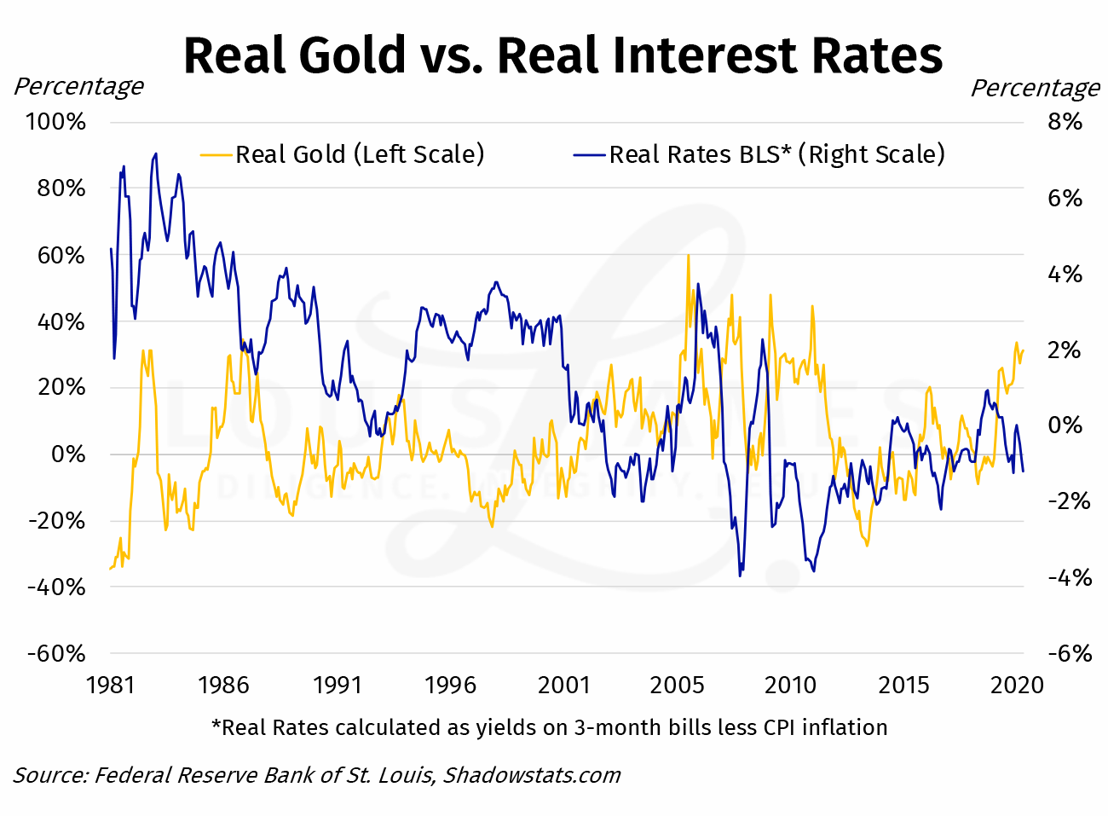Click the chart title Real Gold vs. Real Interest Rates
(x=563, y=55)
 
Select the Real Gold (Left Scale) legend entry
(x=359, y=154)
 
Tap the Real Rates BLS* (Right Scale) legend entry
(x=776, y=154)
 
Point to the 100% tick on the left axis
(x=56, y=122)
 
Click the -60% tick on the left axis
(x=56, y=654)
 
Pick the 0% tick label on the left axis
(x=68, y=454)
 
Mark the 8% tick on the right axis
(x=1065, y=122)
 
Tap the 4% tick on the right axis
(x=1065, y=275)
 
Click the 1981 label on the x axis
(x=111, y=686)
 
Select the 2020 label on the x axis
(x=1017, y=686)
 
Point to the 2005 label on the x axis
(x=677, y=686)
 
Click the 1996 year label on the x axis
(x=450, y=686)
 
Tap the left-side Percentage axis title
(x=78, y=87)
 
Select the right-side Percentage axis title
(x=1036, y=88)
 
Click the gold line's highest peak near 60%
(x=688, y=255)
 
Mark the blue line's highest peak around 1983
(x=155, y=154)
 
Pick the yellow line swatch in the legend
(x=216, y=155)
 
